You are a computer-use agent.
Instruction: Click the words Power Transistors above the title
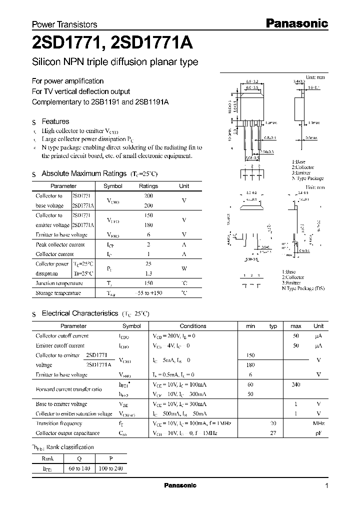[x=64, y=24]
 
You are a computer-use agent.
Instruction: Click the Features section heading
[x=55, y=121]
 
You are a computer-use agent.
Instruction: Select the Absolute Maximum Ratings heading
[x=83, y=173]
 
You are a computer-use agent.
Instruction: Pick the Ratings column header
[x=148, y=186]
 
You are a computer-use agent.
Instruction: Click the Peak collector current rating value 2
[x=148, y=244]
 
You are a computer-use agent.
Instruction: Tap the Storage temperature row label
[x=58, y=293]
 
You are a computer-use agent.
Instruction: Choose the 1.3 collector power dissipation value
[x=148, y=273]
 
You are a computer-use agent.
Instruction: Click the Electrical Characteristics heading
[x=79, y=313]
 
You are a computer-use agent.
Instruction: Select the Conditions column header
[x=193, y=326]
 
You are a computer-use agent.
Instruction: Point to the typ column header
[x=273, y=326]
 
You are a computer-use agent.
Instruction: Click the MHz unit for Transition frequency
[x=318, y=423]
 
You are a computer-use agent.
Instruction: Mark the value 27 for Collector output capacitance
[x=273, y=433]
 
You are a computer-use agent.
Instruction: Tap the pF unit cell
[x=318, y=433]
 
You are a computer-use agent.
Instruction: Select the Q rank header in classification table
[x=79, y=458]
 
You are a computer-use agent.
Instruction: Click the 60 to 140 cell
[x=79, y=468]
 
